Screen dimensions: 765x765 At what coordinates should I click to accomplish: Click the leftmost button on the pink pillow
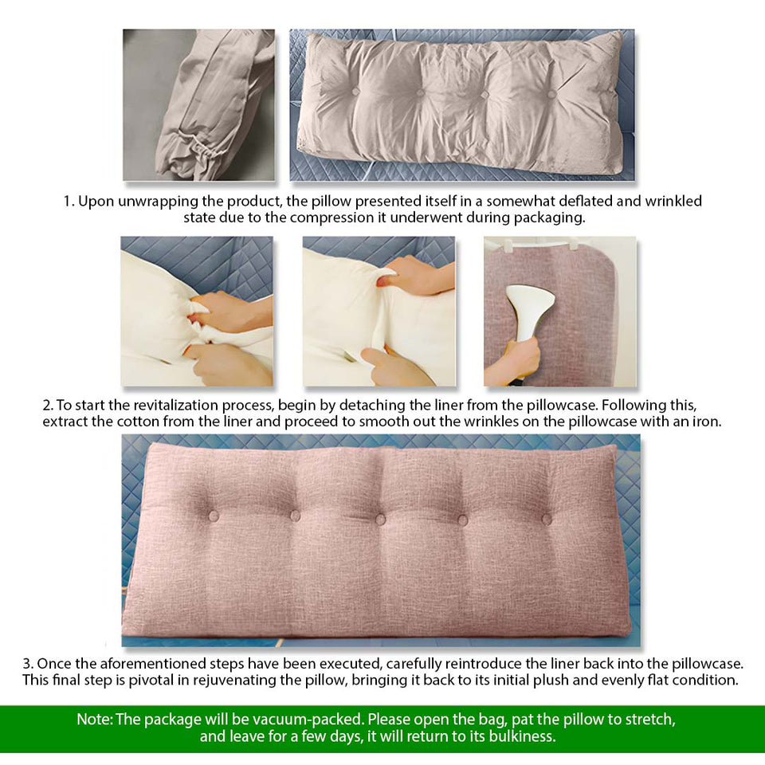pyautogui.click(x=213, y=516)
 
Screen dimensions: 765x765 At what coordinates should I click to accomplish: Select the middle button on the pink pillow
pyautogui.click(x=380, y=519)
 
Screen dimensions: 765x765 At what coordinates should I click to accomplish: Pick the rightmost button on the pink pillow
pyautogui.click(x=547, y=519)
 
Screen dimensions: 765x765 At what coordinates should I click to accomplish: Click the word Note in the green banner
pyautogui.click(x=94, y=720)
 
